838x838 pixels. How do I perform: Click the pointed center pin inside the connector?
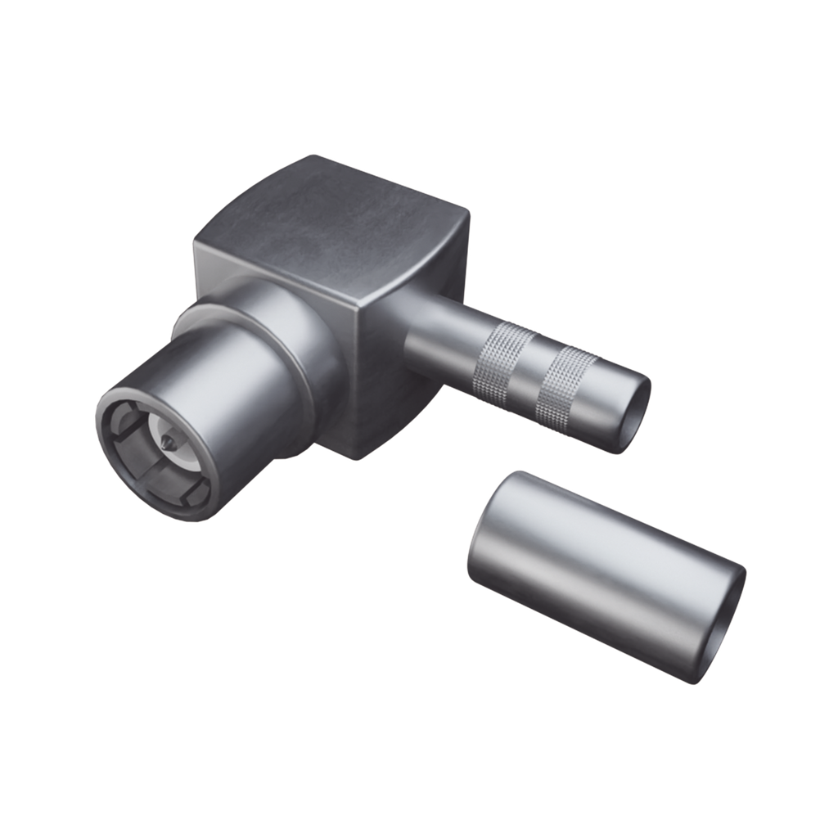(167, 443)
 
